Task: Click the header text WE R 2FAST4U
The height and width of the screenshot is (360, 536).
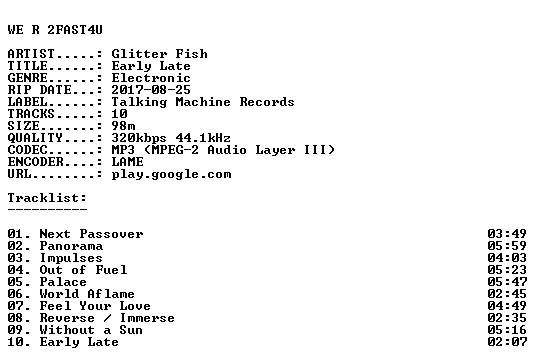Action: coord(55,30)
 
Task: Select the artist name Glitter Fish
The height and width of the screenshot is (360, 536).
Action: coord(159,54)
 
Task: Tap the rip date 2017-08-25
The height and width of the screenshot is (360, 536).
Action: coord(151,90)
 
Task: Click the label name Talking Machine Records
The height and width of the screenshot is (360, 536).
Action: coord(203,102)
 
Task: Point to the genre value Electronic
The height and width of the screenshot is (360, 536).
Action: coord(151,78)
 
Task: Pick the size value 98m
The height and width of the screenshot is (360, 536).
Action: coord(123,126)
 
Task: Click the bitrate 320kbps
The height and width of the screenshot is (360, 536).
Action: coord(139,138)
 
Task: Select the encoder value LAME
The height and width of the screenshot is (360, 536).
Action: coord(127,162)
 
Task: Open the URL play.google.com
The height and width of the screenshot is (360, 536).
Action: coord(171,174)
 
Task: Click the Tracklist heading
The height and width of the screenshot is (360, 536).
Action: coord(47,198)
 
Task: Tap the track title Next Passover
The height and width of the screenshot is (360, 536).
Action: coord(91,234)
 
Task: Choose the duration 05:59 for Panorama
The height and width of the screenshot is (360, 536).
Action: coord(507,246)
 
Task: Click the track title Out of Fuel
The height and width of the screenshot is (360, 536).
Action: coord(83,270)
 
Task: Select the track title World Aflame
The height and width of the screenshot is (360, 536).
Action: coord(87,294)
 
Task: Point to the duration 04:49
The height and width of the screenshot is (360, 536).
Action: coord(507,306)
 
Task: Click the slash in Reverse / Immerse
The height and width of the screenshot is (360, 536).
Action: coord(107,318)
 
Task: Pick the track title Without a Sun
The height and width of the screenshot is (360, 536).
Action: coord(91,330)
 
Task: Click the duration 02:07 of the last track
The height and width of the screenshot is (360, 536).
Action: coord(507,342)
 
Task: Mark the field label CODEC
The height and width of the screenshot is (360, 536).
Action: coord(27,150)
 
